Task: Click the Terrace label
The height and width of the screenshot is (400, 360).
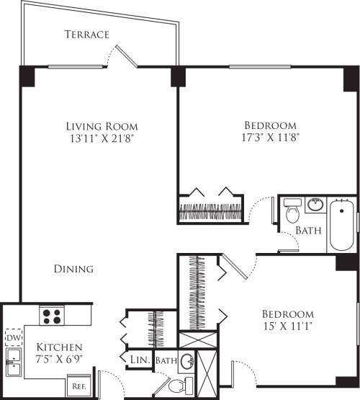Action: pos(86,34)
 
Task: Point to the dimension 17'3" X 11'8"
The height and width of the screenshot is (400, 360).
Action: pos(270,135)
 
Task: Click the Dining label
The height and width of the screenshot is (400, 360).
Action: pos(73,269)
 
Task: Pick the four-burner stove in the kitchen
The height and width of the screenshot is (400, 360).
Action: pos(51,315)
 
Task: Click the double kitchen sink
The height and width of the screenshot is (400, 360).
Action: pos(12,363)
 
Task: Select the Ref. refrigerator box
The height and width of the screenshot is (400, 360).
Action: pos(77,386)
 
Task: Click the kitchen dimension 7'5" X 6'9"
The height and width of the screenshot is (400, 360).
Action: pos(59,360)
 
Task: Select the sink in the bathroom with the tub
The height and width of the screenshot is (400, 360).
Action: pos(315,205)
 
